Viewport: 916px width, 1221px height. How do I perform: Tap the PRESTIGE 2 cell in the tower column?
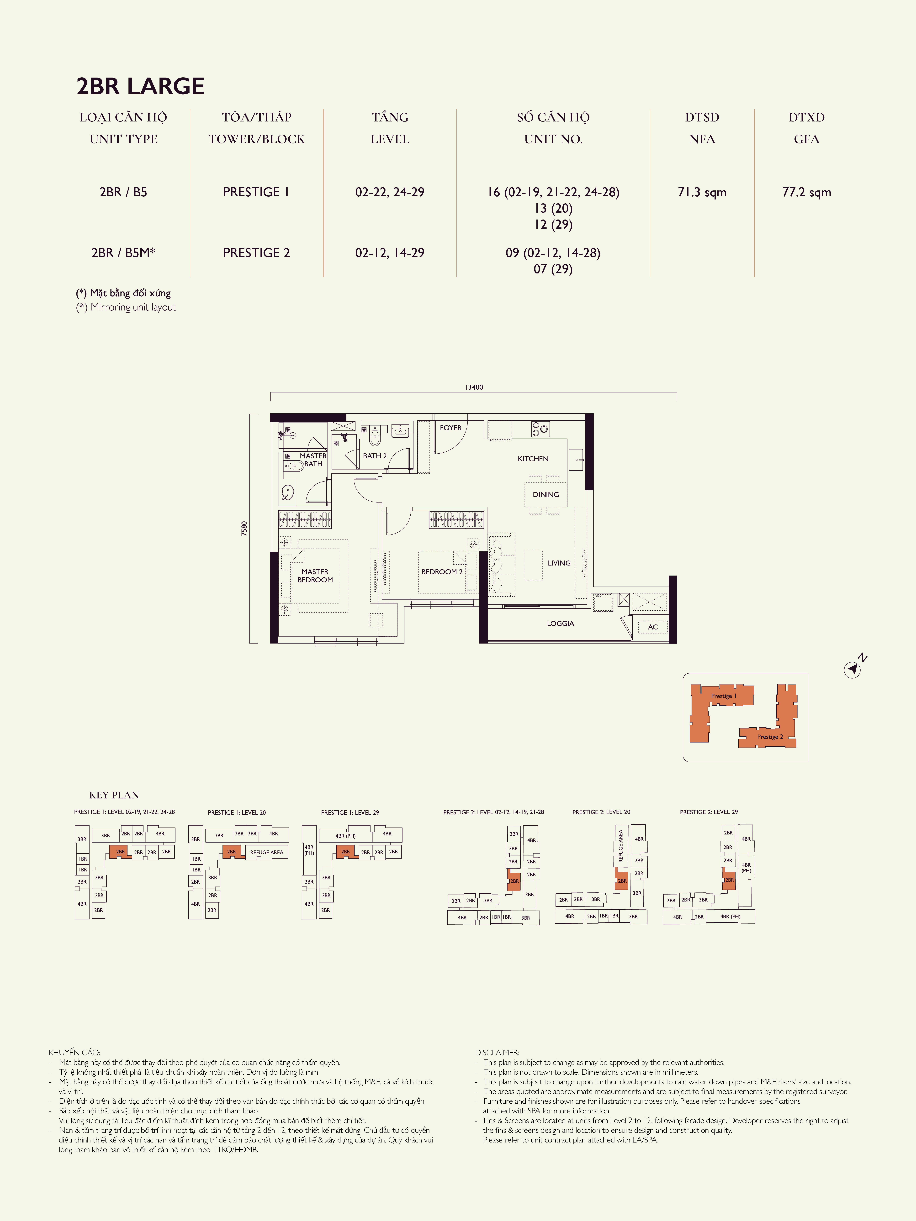pos(256,253)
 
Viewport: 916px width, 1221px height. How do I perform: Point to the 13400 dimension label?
pos(474,387)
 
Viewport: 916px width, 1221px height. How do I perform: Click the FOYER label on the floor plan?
pos(450,428)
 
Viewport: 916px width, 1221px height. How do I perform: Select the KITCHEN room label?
pos(533,459)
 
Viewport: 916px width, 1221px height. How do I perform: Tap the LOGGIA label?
pos(560,623)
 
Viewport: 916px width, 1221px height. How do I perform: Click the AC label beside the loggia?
pos(653,627)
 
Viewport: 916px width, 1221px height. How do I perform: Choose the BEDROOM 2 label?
pos(442,572)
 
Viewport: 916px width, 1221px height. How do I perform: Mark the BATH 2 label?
pos(375,456)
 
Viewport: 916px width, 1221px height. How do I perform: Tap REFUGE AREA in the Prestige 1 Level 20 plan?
pos(267,852)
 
